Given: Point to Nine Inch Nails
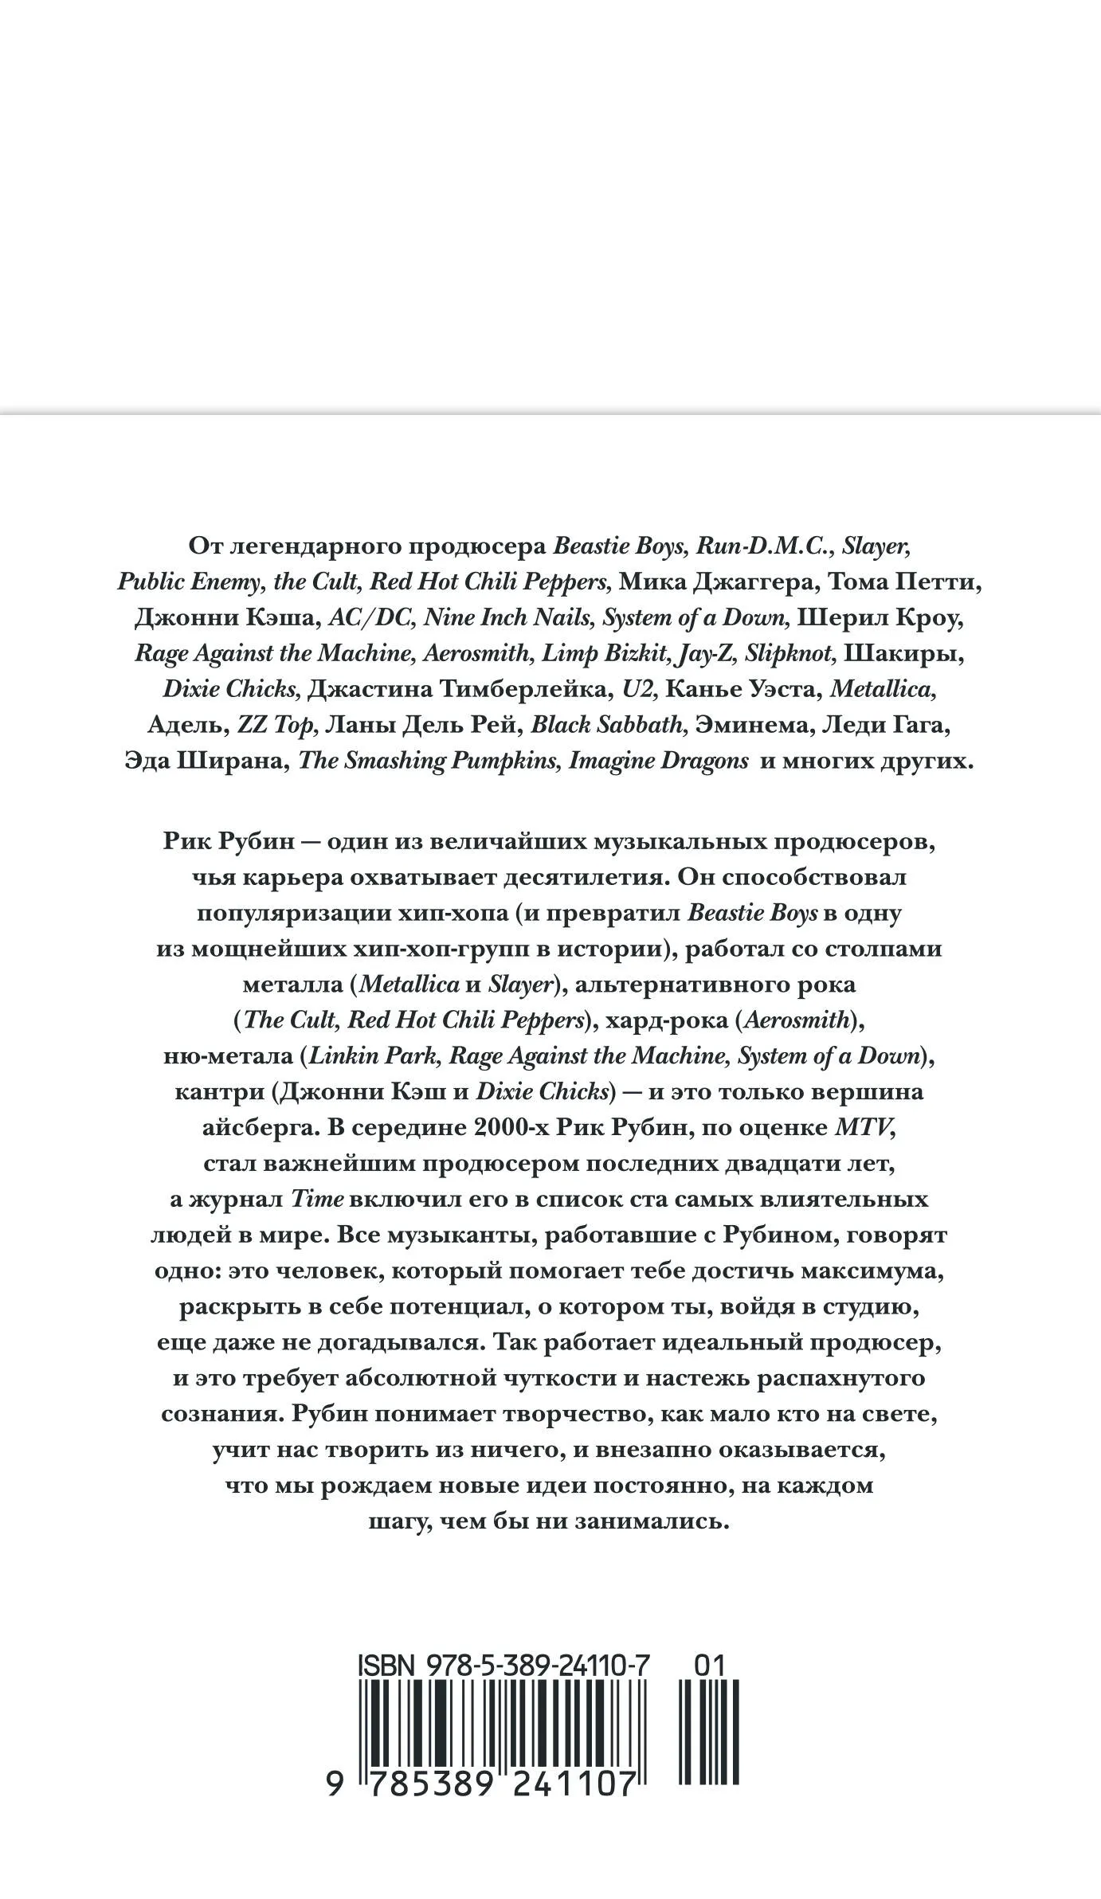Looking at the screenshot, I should click(x=507, y=618).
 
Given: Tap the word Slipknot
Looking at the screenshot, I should click(x=789, y=654).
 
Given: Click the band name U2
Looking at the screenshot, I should click(x=640, y=690).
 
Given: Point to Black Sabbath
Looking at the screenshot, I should click(x=608, y=726).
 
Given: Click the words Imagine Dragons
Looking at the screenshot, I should click(x=658, y=762).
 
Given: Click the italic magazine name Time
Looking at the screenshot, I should click(x=316, y=1200).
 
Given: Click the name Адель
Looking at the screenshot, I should click(x=187, y=726).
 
